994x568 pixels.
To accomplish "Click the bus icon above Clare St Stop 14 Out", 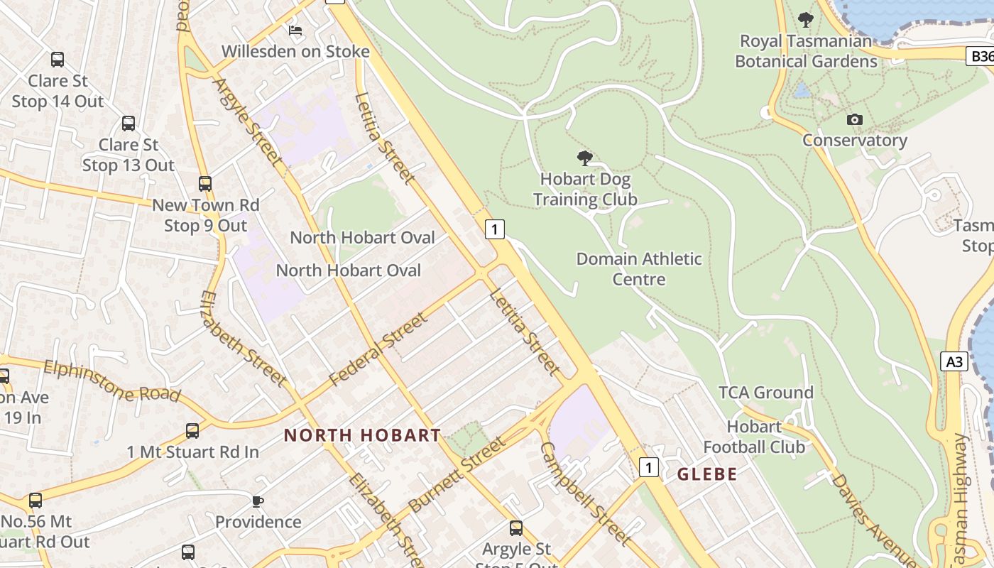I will (58, 60).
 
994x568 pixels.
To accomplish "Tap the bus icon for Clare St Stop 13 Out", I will (129, 124).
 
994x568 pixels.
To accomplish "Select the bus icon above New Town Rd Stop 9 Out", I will (205, 184).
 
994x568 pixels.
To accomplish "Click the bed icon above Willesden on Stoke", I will (295, 31).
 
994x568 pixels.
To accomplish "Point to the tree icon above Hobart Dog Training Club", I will (585, 158).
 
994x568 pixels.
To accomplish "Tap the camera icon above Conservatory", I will (855, 119).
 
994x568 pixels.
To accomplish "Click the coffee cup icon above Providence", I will (258, 501).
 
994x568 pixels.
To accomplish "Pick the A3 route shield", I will (955, 361).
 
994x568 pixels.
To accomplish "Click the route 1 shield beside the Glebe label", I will (648, 467).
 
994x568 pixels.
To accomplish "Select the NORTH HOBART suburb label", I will (362, 435).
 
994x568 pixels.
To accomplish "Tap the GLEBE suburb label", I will (707, 474).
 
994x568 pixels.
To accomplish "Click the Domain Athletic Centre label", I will (639, 268).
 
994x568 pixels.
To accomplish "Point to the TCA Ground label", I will (766, 393).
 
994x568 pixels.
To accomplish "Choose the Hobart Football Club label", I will (754, 437).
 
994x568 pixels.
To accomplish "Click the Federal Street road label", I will (379, 349).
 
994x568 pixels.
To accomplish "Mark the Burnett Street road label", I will (458, 474).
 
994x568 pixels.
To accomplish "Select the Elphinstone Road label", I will (111, 381).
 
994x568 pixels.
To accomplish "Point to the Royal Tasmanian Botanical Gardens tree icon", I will (805, 19).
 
